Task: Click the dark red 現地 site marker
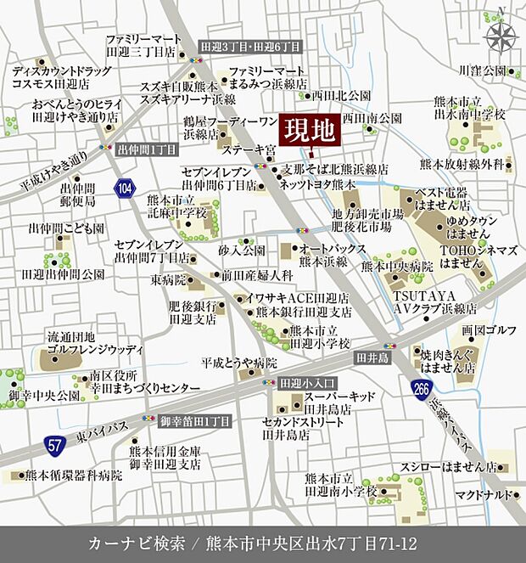310,132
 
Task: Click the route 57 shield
53,443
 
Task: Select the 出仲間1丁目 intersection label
147,148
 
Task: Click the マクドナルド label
482,495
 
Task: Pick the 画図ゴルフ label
478,330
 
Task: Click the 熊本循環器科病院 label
74,476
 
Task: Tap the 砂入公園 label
242,251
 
